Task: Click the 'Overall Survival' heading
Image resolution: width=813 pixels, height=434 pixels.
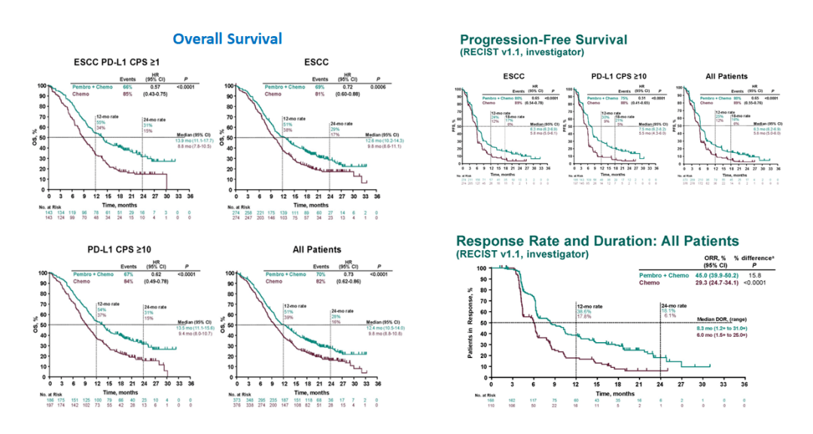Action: click(227, 39)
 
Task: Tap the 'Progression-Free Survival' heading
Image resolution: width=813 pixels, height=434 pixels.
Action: click(543, 39)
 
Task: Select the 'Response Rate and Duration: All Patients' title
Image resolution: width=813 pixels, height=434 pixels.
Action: click(597, 241)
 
